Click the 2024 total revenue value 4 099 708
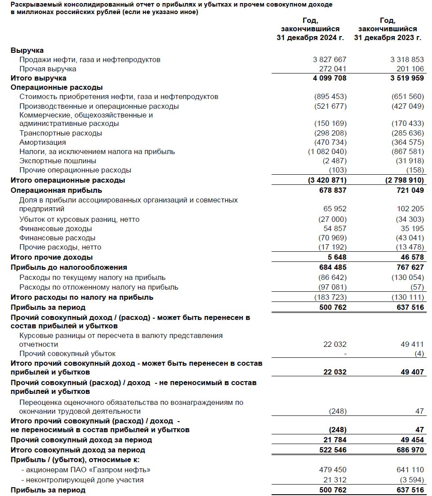(328, 78)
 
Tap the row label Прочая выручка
(48, 69)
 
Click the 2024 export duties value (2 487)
(335, 161)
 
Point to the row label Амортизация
(43, 142)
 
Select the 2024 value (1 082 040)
(328, 151)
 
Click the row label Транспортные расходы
(60, 133)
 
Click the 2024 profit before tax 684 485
(331, 267)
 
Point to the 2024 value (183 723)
(331, 297)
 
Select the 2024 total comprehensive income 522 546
(331, 450)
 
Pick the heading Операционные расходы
(56, 87)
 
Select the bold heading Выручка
(27, 50)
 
